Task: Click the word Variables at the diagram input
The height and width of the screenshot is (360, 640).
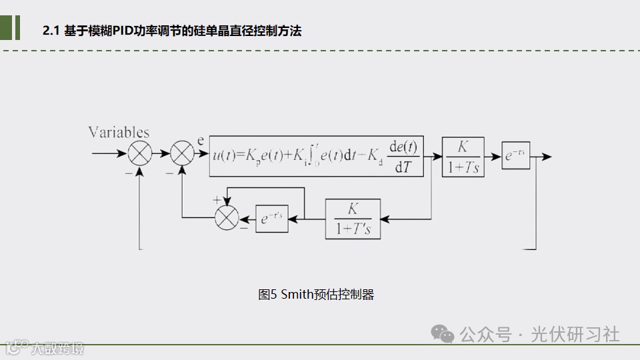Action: [x=119, y=132]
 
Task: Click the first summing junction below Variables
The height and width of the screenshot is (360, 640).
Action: [x=140, y=154]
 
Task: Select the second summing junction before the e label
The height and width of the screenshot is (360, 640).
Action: [x=182, y=154]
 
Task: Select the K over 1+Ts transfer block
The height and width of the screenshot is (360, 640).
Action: [x=463, y=157]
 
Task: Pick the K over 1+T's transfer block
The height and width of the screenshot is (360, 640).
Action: [x=353, y=218]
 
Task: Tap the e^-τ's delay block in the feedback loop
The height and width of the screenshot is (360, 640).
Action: [x=271, y=218]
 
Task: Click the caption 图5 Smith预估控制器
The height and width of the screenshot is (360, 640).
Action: [x=316, y=294]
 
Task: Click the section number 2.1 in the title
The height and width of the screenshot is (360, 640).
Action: [x=51, y=31]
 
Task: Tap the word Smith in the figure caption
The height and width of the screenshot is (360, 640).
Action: [x=297, y=294]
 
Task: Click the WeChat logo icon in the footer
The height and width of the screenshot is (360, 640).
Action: [x=442, y=333]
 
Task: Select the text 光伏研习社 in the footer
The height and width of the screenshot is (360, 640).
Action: [x=575, y=334]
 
